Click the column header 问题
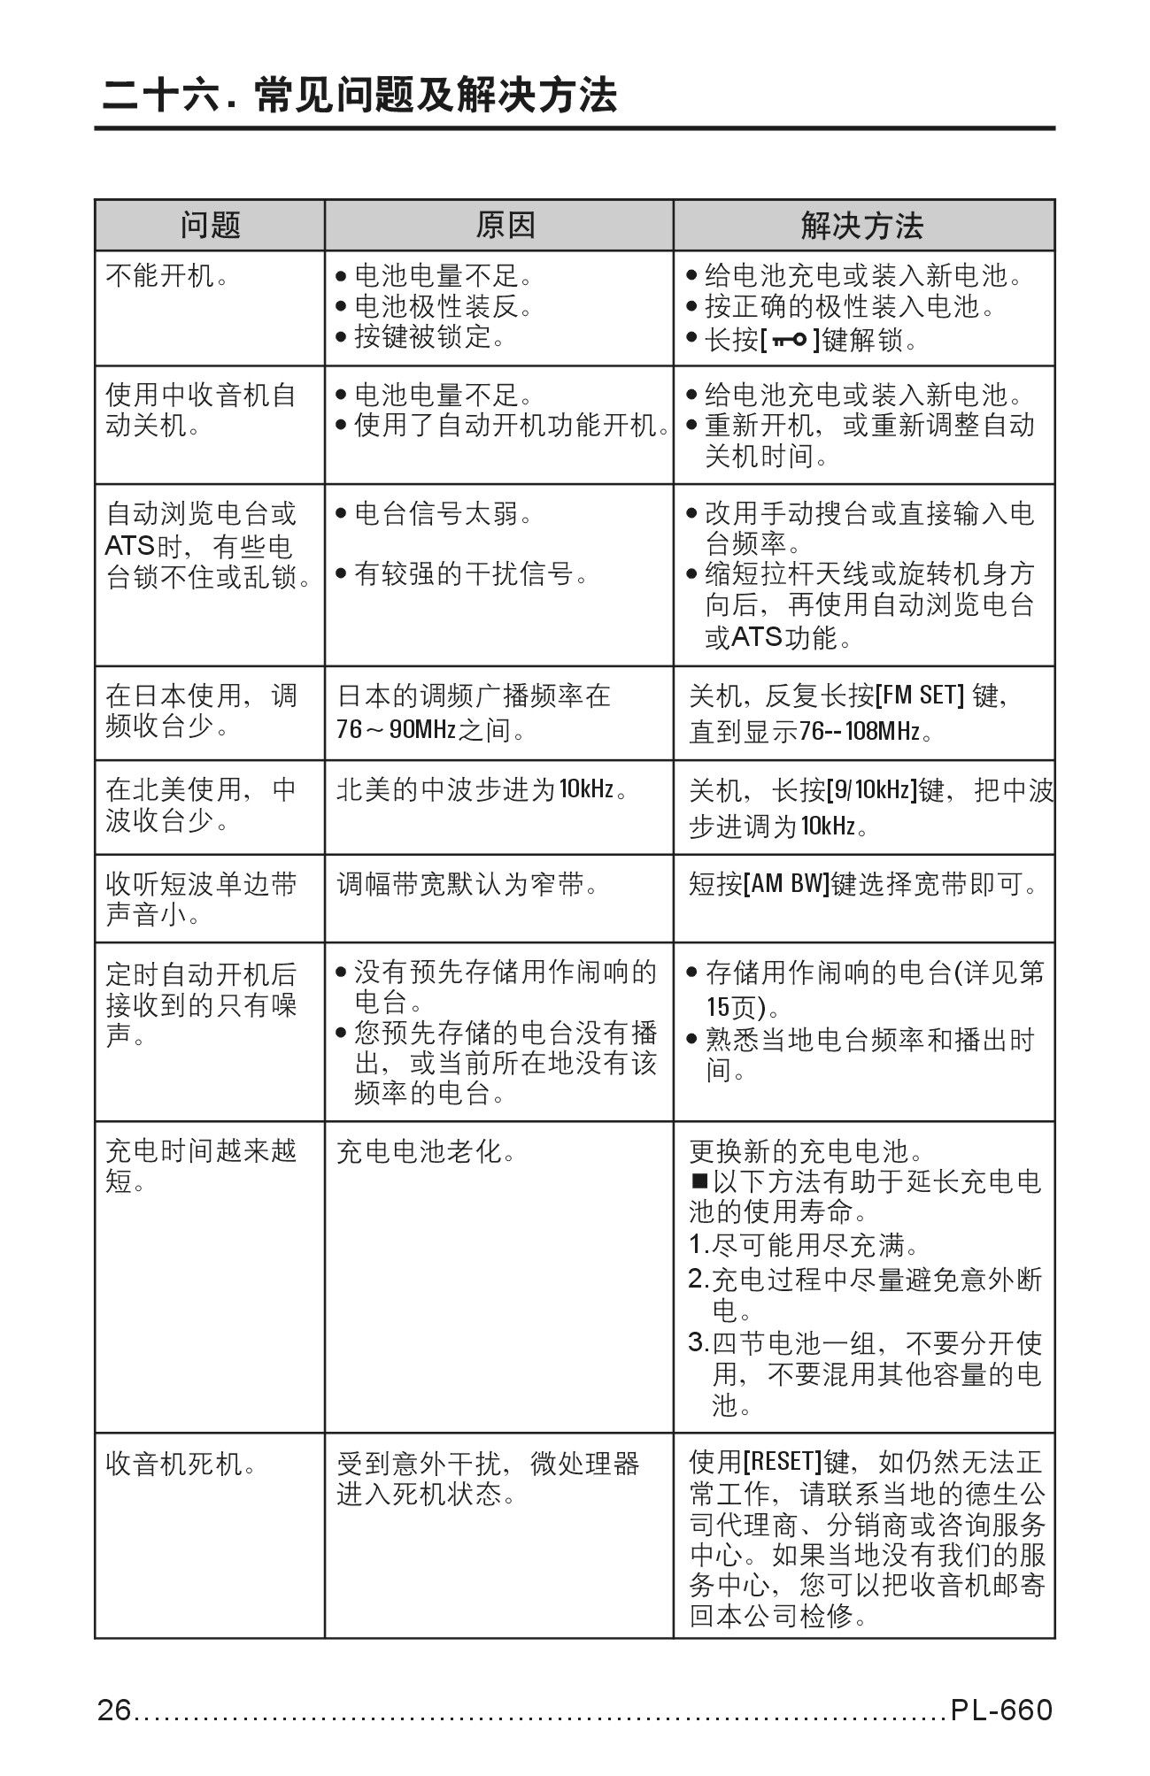click(x=210, y=226)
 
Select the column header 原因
click(x=505, y=226)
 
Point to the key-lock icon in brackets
click(x=788, y=339)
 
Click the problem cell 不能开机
click(x=167, y=277)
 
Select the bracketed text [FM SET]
click(x=919, y=696)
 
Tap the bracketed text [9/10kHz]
click(x=871, y=789)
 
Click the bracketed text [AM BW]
click(x=785, y=884)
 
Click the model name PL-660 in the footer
click(x=1001, y=1711)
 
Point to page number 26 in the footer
click(x=114, y=1711)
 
